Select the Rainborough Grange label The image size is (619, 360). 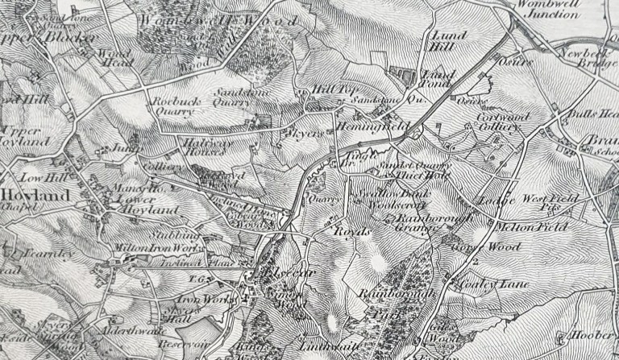(x=409, y=222)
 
